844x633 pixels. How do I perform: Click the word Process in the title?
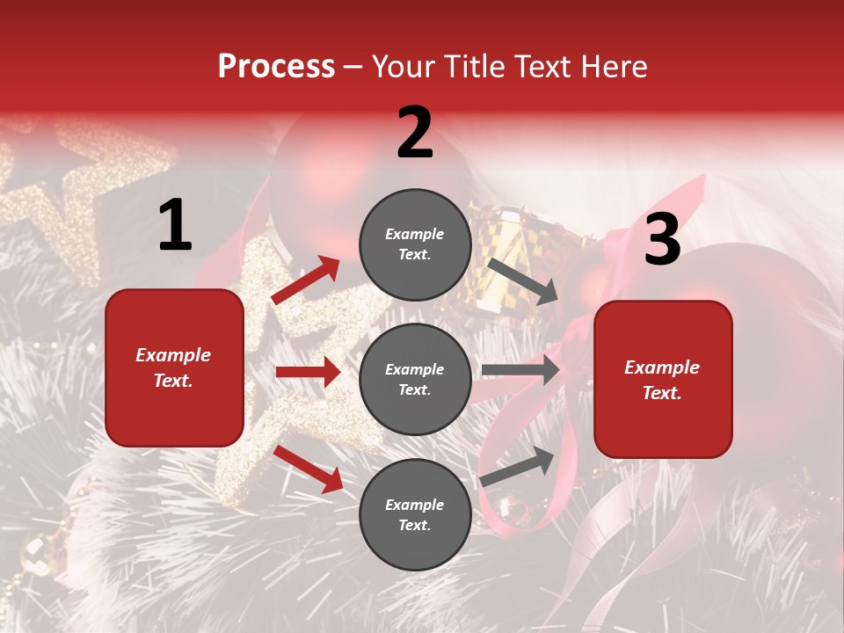276,67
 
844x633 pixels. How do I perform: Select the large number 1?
174,226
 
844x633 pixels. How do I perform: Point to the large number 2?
415,133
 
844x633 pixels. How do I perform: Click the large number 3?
662,240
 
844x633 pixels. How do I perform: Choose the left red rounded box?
174,367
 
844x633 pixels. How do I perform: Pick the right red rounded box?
663,380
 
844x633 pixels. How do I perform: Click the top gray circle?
415,244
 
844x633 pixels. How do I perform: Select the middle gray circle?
415,379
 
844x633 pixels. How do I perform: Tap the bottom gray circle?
415,514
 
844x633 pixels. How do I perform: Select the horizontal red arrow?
308,372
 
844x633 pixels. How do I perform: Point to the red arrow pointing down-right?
309,469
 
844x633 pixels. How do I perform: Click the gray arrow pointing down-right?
522,281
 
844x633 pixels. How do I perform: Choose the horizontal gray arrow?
520,370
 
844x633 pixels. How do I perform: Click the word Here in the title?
613,67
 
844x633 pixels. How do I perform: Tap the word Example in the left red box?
173,355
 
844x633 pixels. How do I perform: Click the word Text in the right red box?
660,393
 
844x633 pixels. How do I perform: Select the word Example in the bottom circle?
415,505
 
